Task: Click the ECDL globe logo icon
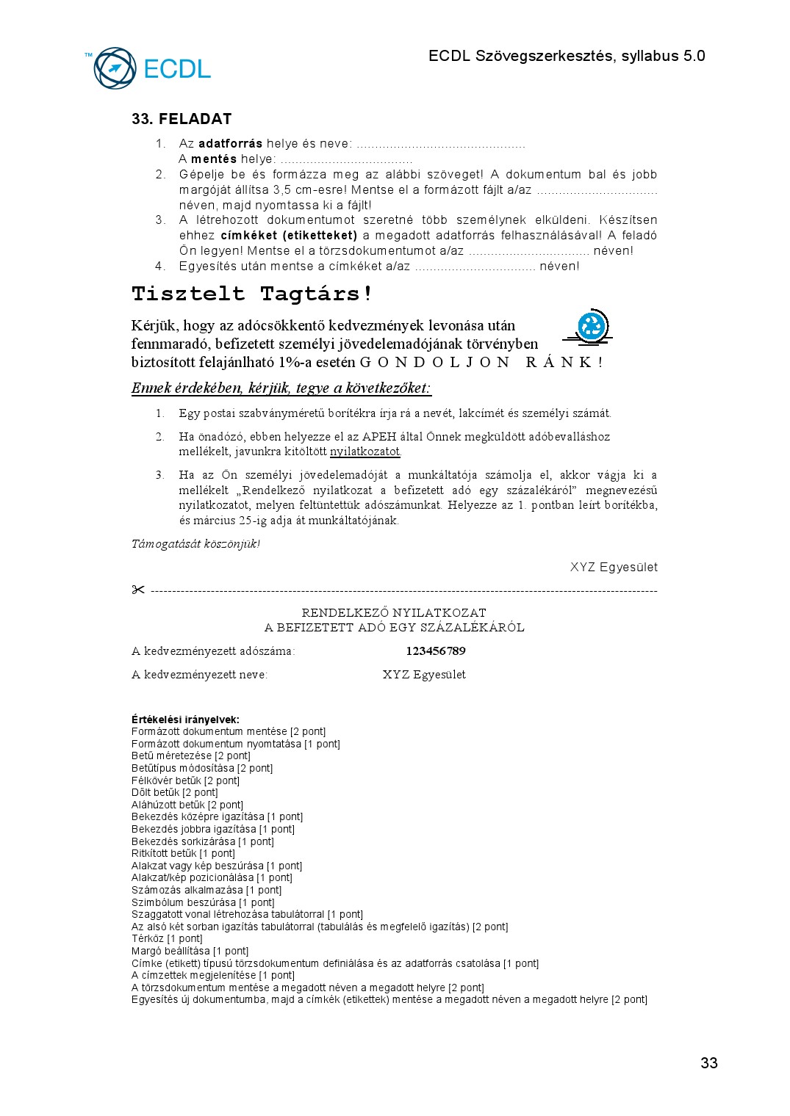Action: tap(115, 68)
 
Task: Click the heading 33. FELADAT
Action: tap(182, 119)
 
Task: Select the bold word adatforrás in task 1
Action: tap(230, 144)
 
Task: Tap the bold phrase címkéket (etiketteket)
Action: tap(289, 236)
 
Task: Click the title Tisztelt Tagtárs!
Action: tap(252, 294)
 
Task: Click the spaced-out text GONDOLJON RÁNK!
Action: tap(481, 362)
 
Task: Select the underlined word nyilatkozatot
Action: tap(365, 452)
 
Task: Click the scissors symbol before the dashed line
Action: tap(138, 590)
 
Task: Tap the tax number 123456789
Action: tap(435, 651)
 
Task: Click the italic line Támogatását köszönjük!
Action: tap(195, 544)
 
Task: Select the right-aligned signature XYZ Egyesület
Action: tap(614, 568)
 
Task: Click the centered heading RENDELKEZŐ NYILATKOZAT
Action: tap(394, 612)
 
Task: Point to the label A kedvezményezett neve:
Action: tap(199, 675)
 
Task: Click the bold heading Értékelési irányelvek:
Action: tap(185, 720)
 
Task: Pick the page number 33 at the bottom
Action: tap(708, 1063)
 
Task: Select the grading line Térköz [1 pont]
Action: tap(167, 939)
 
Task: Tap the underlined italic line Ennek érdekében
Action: tap(281, 388)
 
